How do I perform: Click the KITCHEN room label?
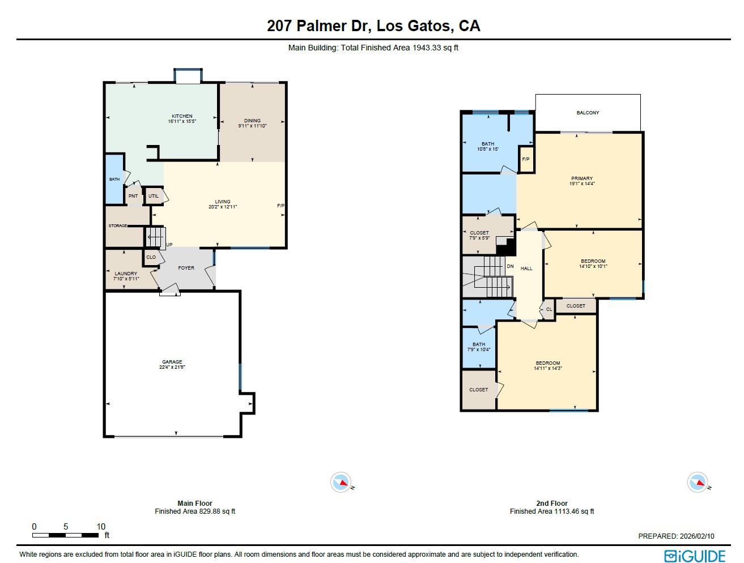(x=182, y=116)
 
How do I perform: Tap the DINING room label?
(x=252, y=120)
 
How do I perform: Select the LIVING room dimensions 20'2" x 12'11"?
(x=223, y=207)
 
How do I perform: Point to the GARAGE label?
(x=172, y=362)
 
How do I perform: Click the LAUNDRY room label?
(x=126, y=274)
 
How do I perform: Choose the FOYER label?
(x=186, y=268)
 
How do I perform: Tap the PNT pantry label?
(x=133, y=196)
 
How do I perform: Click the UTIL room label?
(x=154, y=196)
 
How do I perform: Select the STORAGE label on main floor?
(x=118, y=226)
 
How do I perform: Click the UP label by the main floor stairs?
(x=169, y=245)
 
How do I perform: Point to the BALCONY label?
(x=588, y=113)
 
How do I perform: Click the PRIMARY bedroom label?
(x=582, y=178)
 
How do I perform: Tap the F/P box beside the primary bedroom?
(x=526, y=159)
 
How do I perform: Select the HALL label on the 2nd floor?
(x=526, y=268)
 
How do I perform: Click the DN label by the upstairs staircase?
(x=510, y=266)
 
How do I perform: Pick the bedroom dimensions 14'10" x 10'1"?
(x=593, y=266)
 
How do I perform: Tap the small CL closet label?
(x=549, y=309)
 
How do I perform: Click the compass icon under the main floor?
(x=341, y=483)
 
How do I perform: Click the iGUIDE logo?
(x=695, y=556)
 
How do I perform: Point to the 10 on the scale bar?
(x=101, y=527)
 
